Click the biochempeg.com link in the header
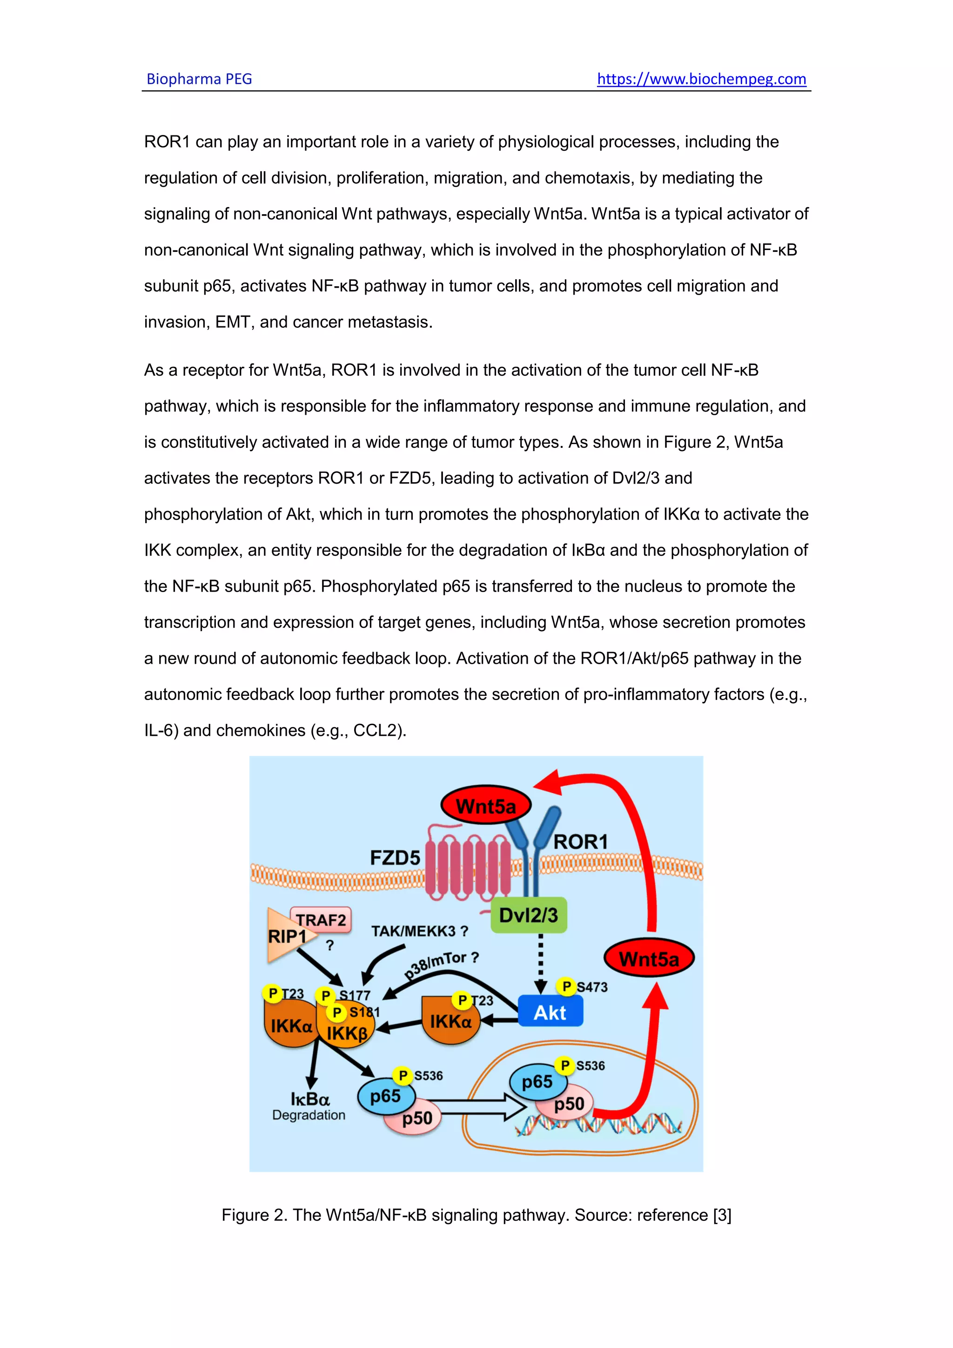point(701,79)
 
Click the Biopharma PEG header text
point(199,79)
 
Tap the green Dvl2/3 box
point(528,915)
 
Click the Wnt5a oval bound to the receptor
point(486,806)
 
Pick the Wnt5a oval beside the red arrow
point(648,959)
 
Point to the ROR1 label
point(580,841)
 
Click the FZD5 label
point(395,858)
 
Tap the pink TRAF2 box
point(322,919)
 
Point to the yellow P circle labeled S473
point(566,986)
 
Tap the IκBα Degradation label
point(309,1106)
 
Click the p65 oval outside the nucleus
point(386,1096)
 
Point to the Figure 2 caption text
point(476,1215)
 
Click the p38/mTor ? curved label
point(441,964)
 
